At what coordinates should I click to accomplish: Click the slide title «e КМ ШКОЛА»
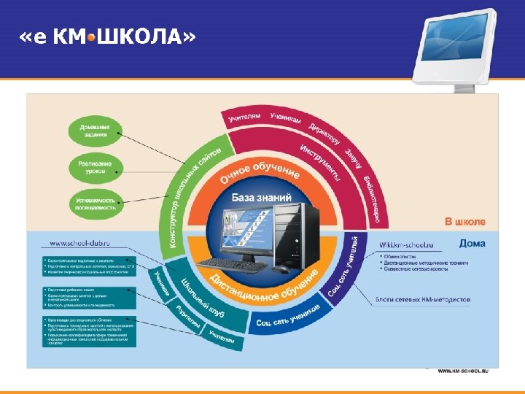(x=107, y=37)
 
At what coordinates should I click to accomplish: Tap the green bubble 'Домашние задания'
(x=93, y=131)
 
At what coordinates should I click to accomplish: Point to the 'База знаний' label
(x=261, y=197)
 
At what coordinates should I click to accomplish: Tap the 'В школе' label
(x=464, y=221)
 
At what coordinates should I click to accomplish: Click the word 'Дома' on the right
(x=472, y=244)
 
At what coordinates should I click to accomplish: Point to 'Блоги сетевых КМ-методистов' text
(x=423, y=299)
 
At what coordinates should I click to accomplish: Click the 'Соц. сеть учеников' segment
(x=288, y=316)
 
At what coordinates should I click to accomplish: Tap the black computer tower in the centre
(x=306, y=233)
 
